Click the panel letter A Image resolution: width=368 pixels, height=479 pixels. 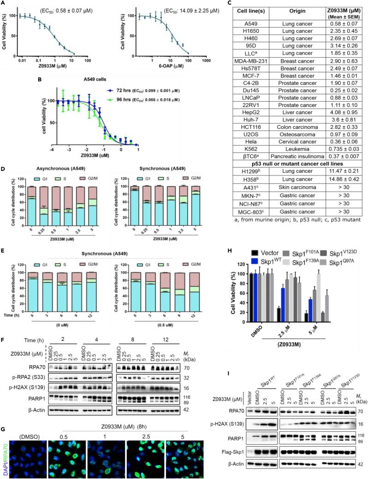pos(3,3)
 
